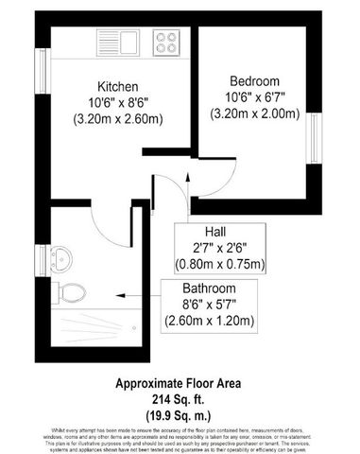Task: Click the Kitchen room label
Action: pos(119,84)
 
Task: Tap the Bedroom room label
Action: pos(250,81)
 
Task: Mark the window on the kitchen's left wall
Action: pos(42,67)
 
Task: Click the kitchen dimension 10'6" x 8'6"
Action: pos(119,102)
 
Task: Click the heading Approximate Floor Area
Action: pos(179,384)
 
